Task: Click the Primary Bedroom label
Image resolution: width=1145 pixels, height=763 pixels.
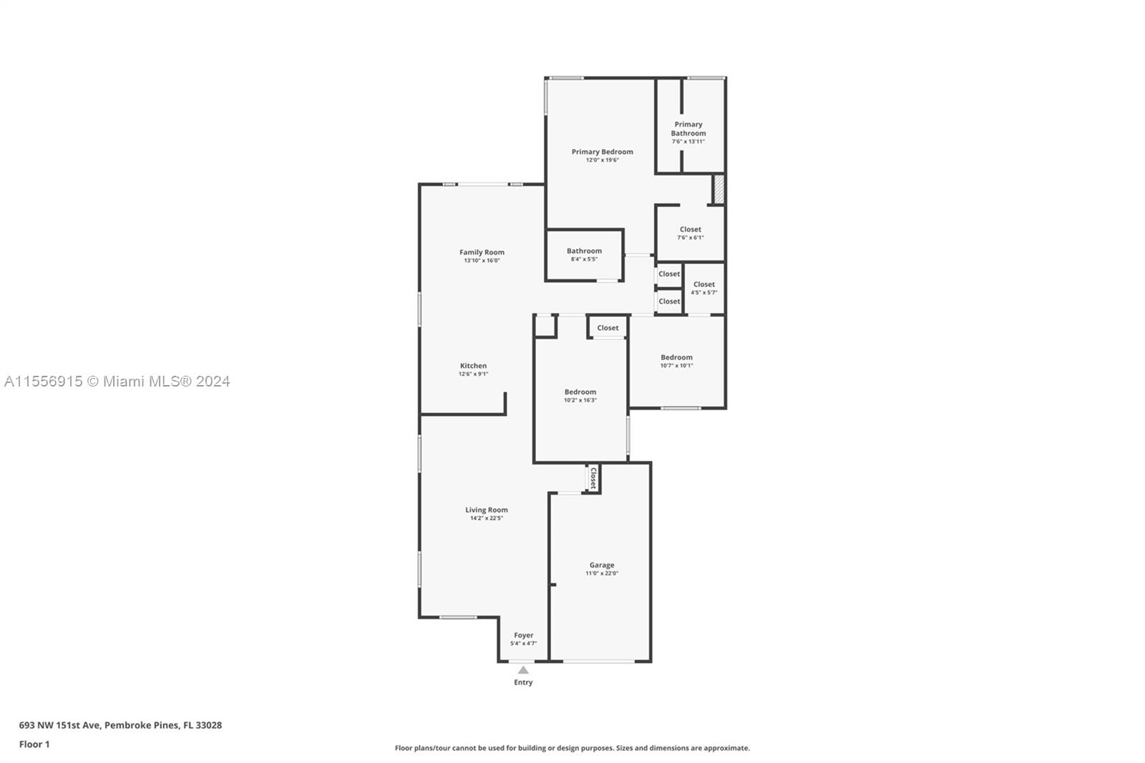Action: pyautogui.click(x=602, y=152)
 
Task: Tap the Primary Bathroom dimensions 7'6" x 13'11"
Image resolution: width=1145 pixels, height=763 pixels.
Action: pyautogui.click(x=688, y=142)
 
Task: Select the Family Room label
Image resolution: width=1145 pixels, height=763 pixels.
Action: pyautogui.click(x=482, y=252)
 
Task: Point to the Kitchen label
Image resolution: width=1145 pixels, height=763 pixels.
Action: pyautogui.click(x=473, y=366)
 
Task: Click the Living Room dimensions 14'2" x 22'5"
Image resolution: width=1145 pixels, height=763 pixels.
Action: pyautogui.click(x=487, y=518)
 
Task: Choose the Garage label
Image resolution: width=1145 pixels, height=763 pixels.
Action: pyautogui.click(x=602, y=565)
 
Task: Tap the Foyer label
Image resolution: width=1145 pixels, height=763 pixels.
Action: pyautogui.click(x=523, y=635)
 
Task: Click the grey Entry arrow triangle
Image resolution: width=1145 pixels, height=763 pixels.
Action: pyautogui.click(x=523, y=670)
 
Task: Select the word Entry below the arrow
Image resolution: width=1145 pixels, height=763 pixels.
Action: pyautogui.click(x=523, y=682)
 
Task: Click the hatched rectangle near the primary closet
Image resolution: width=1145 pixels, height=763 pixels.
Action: pyautogui.click(x=718, y=189)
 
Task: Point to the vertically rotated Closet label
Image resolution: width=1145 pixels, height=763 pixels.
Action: pyautogui.click(x=593, y=478)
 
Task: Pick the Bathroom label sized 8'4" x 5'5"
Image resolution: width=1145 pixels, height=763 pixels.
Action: pyautogui.click(x=584, y=251)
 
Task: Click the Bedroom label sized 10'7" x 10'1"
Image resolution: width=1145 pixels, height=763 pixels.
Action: pyautogui.click(x=676, y=357)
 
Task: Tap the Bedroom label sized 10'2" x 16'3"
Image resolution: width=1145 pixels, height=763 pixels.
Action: pyautogui.click(x=580, y=392)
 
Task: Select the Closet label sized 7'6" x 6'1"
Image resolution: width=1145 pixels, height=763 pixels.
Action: pyautogui.click(x=690, y=230)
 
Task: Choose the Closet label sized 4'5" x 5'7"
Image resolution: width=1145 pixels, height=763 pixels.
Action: pyautogui.click(x=704, y=284)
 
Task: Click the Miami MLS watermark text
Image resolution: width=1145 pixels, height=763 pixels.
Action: pyautogui.click(x=117, y=381)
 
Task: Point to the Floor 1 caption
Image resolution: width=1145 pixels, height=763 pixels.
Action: pyautogui.click(x=34, y=744)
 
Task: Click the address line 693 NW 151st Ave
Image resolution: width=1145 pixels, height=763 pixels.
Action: pyautogui.click(x=120, y=725)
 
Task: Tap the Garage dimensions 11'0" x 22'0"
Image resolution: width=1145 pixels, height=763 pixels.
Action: pyautogui.click(x=602, y=573)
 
